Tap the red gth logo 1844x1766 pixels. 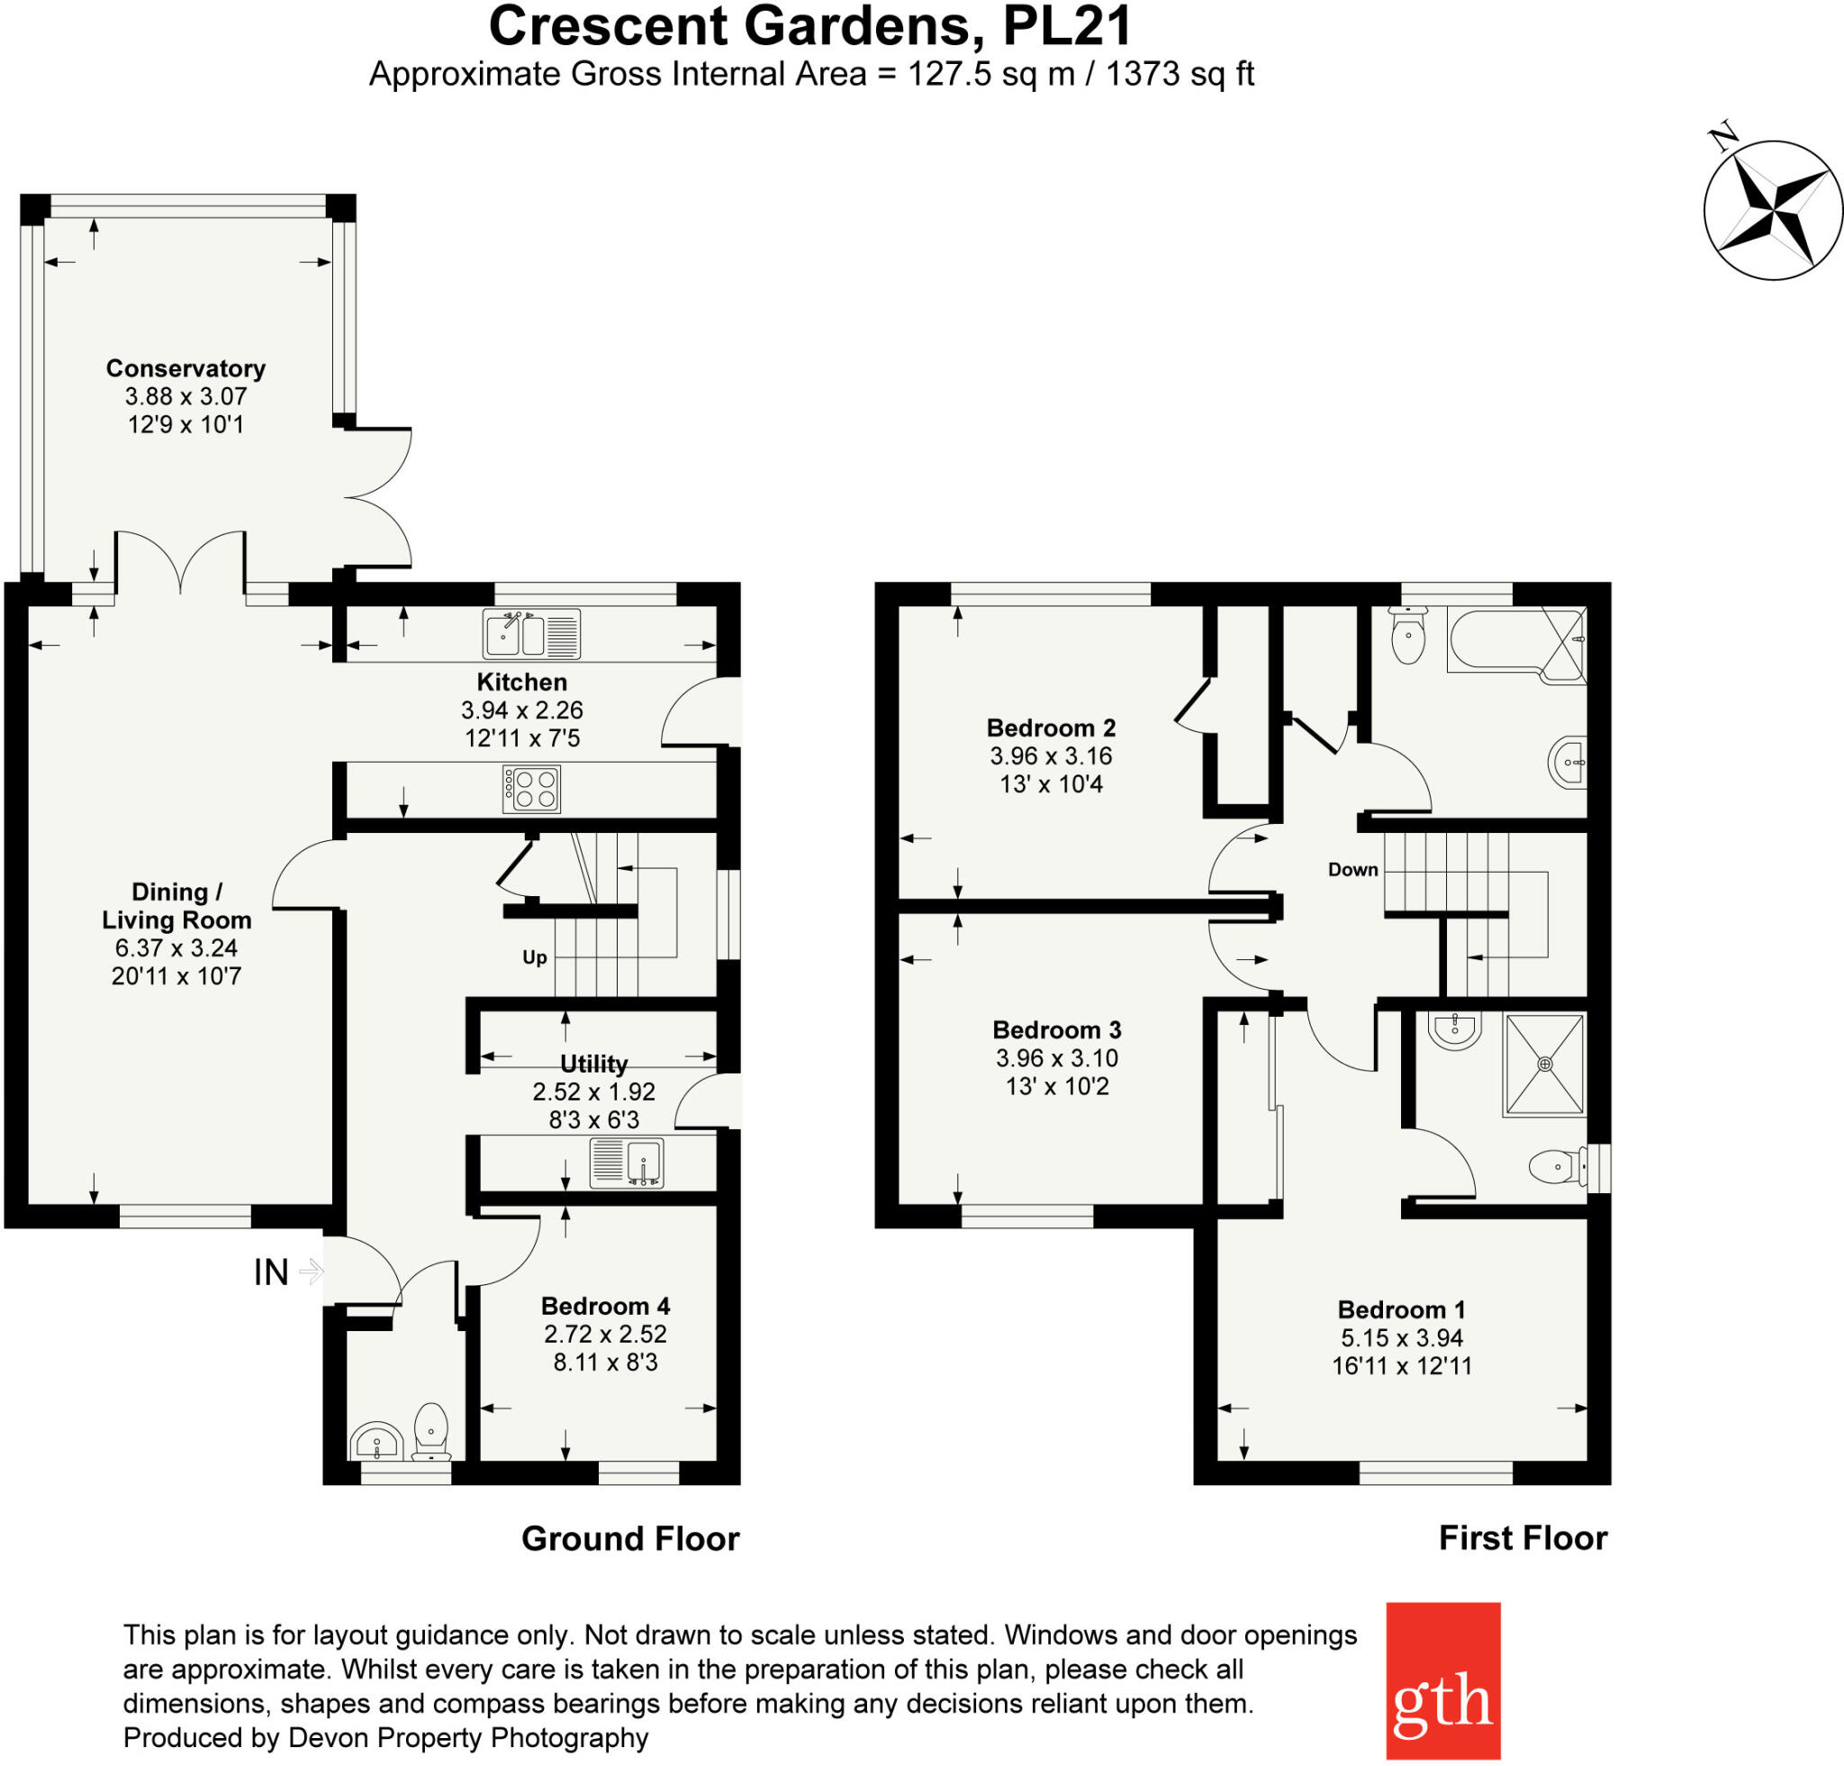(1442, 1680)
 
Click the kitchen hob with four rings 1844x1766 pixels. (531, 789)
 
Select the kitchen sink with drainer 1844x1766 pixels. (531, 633)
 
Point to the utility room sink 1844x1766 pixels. (628, 1162)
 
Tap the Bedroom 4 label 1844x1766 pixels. (605, 1306)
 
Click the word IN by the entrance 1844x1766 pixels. (271, 1273)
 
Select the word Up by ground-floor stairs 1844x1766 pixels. (535, 957)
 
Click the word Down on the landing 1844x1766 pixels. (1353, 869)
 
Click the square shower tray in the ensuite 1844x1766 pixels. (1544, 1064)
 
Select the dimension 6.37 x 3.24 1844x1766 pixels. (176, 947)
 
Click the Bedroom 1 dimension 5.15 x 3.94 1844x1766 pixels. (1402, 1337)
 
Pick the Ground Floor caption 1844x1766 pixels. (630, 1538)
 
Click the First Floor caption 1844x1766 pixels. (1523, 1537)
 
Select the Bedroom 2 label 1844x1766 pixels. (1051, 728)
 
